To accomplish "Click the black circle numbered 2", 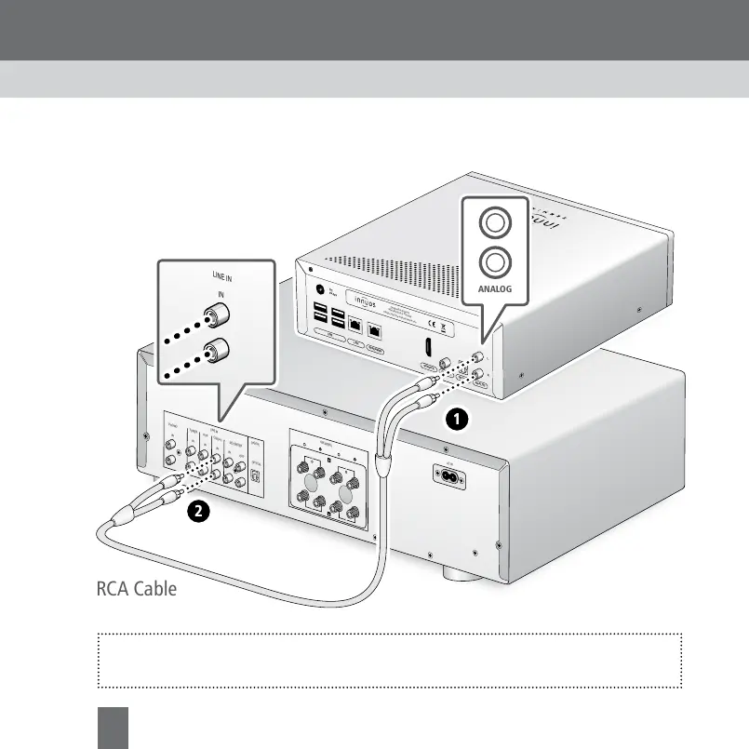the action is (196, 510).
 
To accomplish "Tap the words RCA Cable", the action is (136, 589).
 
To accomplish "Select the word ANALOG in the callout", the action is (495, 289).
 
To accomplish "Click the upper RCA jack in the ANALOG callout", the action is (495, 224).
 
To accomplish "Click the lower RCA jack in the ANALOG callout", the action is (495, 262).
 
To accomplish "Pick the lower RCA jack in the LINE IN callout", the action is (220, 353).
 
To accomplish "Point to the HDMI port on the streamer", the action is (426, 348).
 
